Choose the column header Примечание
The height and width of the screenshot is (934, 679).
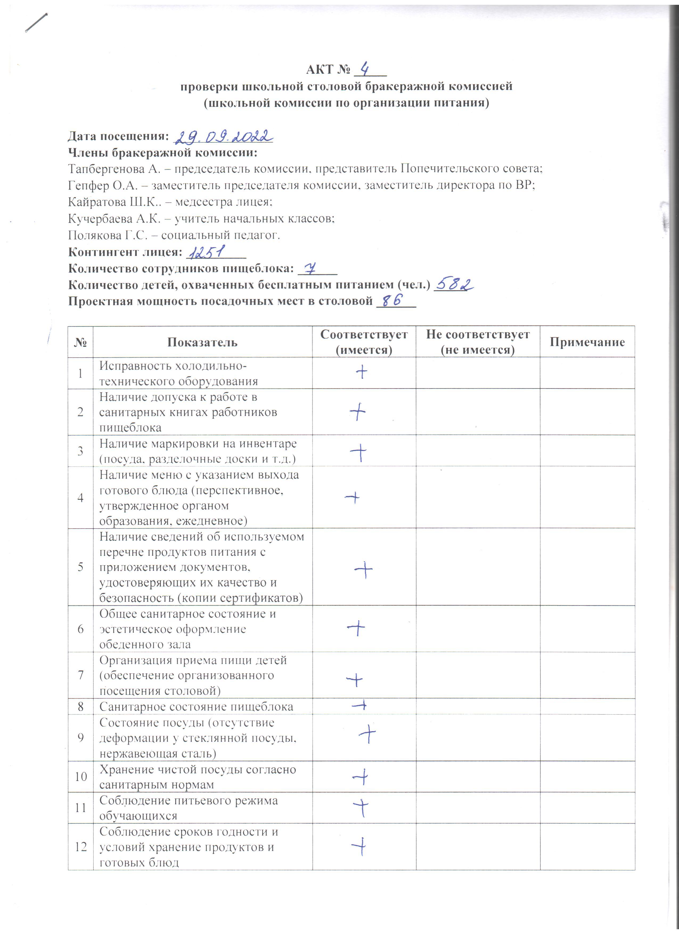(587, 342)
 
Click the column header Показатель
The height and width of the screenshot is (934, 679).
(202, 342)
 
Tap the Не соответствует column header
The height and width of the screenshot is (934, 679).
(478, 342)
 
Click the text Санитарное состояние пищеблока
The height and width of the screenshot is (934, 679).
(196, 707)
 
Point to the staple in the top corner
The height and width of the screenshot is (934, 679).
(36, 23)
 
